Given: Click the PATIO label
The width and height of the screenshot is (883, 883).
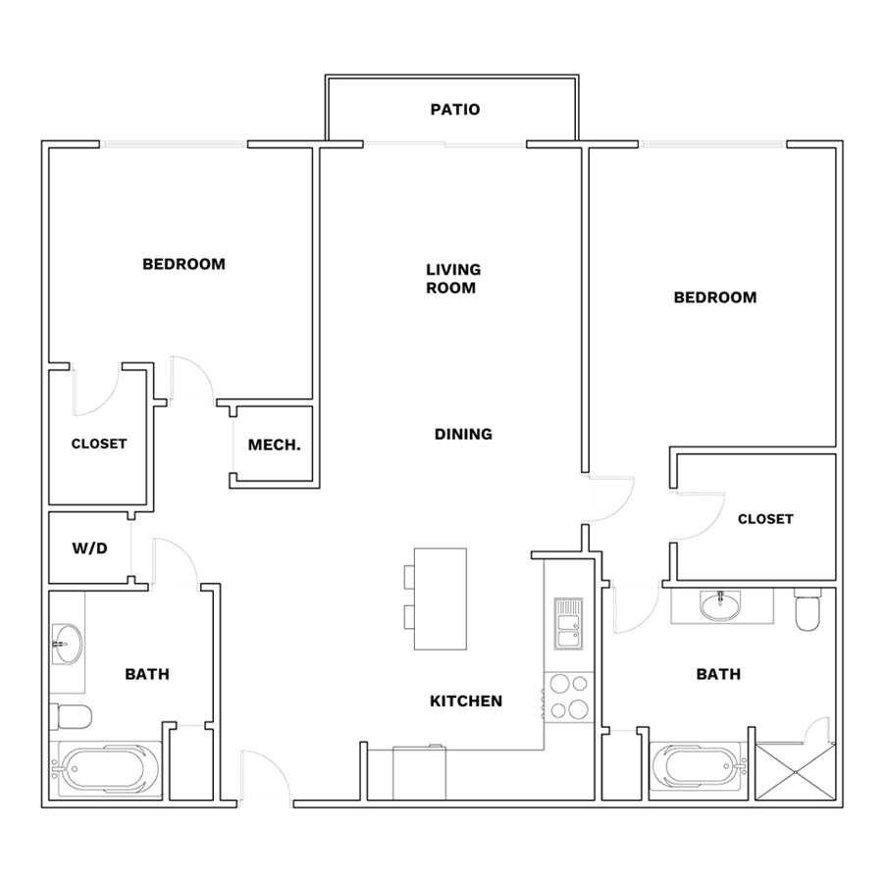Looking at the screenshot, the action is pos(455,109).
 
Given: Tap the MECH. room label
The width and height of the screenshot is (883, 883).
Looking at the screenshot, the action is pos(275,444).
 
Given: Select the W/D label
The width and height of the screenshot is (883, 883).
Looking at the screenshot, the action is pos(89,547).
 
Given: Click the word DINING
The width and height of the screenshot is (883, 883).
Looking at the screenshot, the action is pos(463,435).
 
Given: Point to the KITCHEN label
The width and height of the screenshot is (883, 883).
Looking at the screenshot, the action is pos(466,701).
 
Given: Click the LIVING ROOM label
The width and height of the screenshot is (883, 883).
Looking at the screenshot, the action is pos(452,279).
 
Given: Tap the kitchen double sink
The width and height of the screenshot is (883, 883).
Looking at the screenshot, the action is pos(568,623).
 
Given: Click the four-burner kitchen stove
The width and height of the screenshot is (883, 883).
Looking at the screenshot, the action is pos(569,698).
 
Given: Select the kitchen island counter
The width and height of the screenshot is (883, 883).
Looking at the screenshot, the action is pos(441,598).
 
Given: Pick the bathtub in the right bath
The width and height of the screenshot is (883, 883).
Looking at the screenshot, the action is pos(699,768).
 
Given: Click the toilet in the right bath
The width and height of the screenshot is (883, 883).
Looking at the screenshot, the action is pos(807,609).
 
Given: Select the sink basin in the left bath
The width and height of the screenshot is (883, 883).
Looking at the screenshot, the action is pos(67,644).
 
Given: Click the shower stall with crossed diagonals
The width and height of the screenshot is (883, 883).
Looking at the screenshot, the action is pos(795,771).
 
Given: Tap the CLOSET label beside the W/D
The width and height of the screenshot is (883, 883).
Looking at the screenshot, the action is pos(99,443).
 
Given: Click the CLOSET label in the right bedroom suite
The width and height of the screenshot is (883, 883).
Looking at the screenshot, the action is pos(765,519).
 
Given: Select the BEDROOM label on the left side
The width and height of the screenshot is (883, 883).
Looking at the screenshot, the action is pos(183,264).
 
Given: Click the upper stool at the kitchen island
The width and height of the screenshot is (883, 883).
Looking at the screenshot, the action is pos(409,577).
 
